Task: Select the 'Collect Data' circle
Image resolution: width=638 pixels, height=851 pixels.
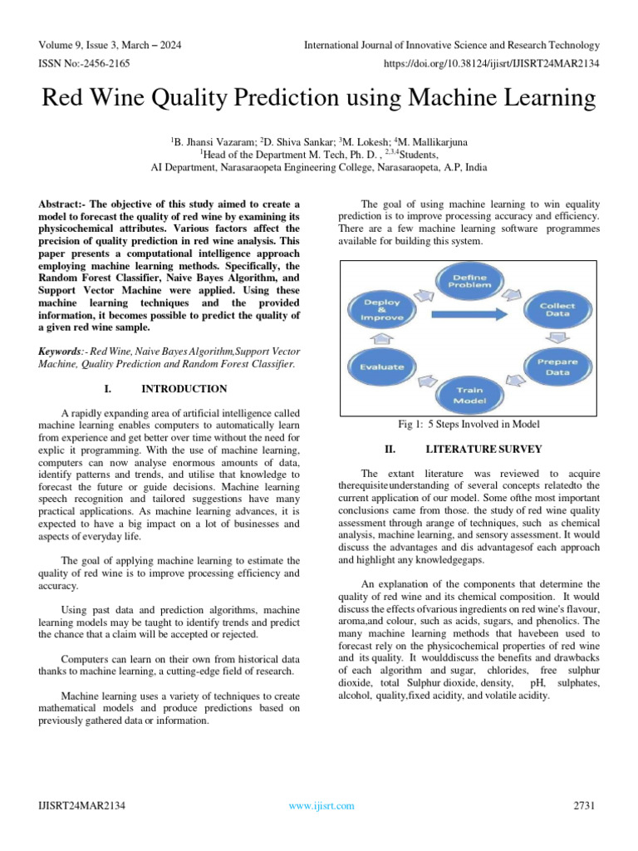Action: [x=557, y=310]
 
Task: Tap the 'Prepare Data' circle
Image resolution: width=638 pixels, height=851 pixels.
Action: [x=557, y=367]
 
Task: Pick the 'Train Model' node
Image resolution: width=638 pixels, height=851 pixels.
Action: [x=469, y=395]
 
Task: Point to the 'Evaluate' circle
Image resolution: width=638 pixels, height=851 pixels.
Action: [x=381, y=366]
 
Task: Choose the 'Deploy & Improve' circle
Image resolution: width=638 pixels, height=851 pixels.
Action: [x=381, y=308]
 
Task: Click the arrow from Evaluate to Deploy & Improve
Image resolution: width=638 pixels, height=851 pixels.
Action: [x=380, y=338]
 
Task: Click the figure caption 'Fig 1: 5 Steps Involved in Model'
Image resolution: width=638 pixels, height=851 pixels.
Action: [x=469, y=425]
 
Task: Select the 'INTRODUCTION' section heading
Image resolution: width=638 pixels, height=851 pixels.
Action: [x=184, y=388]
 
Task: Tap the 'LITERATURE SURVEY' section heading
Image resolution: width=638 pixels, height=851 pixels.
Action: [x=483, y=449]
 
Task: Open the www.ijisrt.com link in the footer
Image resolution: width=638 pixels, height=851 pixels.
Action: [x=321, y=805]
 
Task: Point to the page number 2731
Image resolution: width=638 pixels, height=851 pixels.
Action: [x=586, y=805]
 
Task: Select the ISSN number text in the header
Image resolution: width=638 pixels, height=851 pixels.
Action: [x=84, y=62]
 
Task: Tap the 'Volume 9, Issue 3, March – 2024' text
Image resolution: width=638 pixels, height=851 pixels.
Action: [x=110, y=45]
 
